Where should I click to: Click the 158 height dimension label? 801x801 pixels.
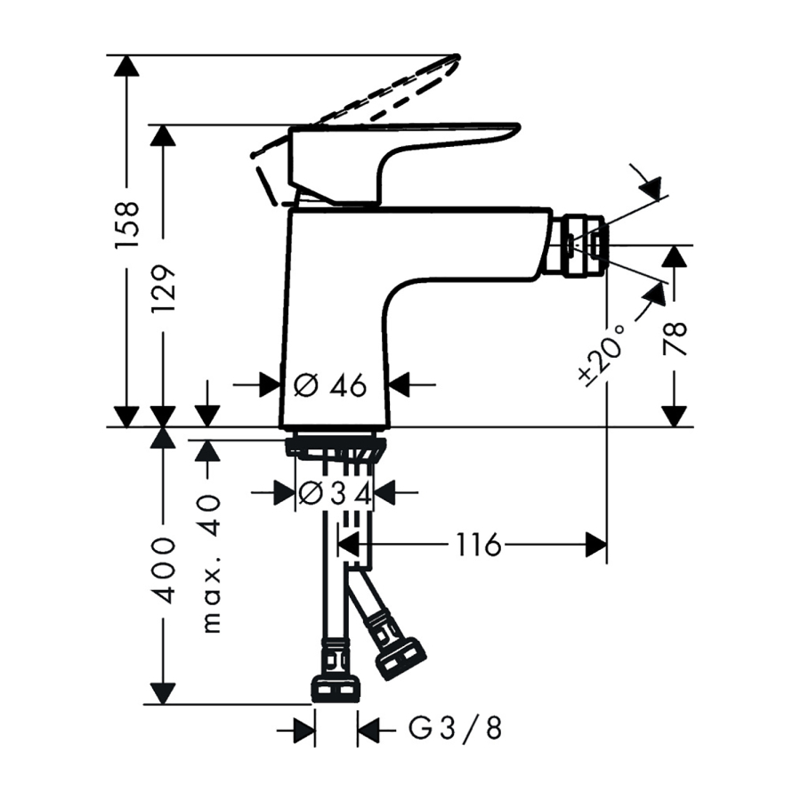tap(126, 225)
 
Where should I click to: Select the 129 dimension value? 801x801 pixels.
tap(164, 289)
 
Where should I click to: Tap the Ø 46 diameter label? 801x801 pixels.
tap(330, 384)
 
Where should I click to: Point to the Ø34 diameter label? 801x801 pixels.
tap(334, 493)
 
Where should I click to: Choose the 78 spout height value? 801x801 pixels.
tap(675, 338)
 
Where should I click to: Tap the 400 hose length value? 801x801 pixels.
tap(164, 570)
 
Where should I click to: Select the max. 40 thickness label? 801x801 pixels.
tap(211, 564)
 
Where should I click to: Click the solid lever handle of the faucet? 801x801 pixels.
tap(403, 163)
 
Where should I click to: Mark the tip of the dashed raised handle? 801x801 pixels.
tap(457, 56)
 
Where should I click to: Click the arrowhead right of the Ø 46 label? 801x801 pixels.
tap(399, 384)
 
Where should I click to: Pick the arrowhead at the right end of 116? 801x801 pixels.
tap(596, 545)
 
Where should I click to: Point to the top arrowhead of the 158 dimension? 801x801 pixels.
tap(126, 65)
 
